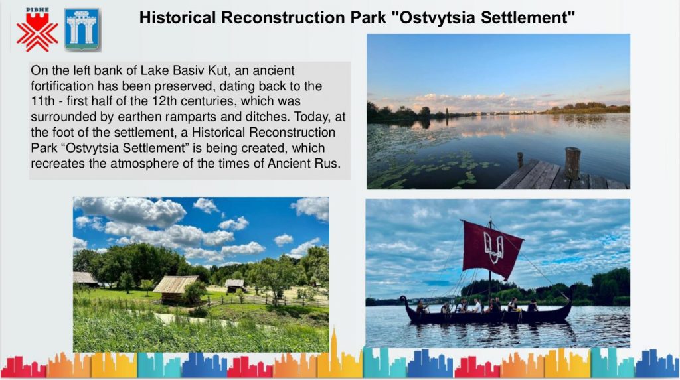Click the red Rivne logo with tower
coord(37,29)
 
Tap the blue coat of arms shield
coord(82,29)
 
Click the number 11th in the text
coord(42,101)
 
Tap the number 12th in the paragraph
coord(165,101)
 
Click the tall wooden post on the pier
coord(572,163)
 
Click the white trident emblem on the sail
coord(493,247)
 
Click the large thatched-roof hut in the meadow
coord(175,289)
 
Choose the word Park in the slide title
coord(368,18)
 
